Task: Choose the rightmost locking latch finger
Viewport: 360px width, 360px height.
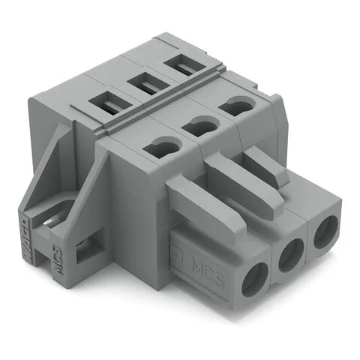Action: [x=262, y=157]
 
